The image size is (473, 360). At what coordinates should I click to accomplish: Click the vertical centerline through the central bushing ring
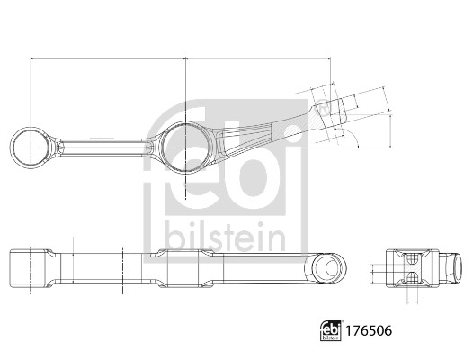coord(183,180)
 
